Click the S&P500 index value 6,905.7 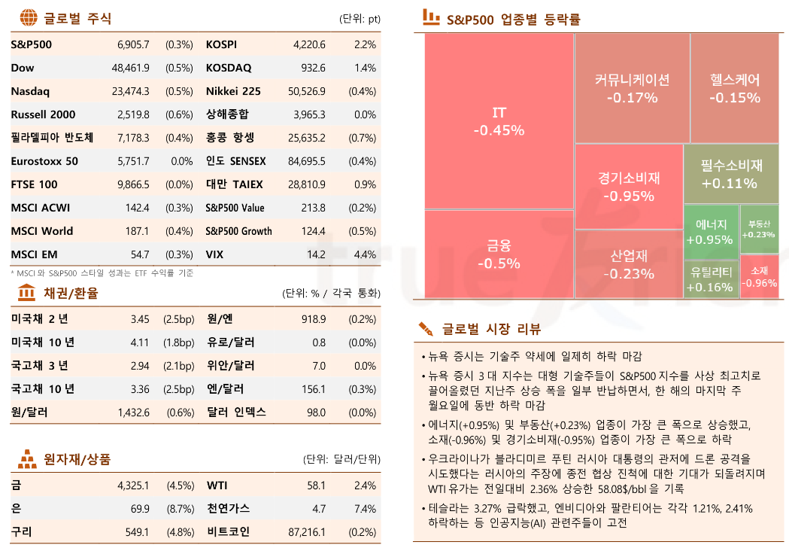133,44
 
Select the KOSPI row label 221,44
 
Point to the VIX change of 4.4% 364,254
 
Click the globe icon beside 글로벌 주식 28,17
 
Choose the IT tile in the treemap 499,121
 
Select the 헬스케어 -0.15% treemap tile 734,88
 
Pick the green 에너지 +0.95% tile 711,233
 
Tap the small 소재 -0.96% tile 759,277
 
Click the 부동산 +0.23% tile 759,229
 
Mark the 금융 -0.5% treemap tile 499,254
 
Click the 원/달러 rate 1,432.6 133,412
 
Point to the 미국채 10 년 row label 43,342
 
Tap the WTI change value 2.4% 364,486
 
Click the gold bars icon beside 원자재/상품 27,458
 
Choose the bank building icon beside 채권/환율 27,292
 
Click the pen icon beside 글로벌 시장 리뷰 426,329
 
